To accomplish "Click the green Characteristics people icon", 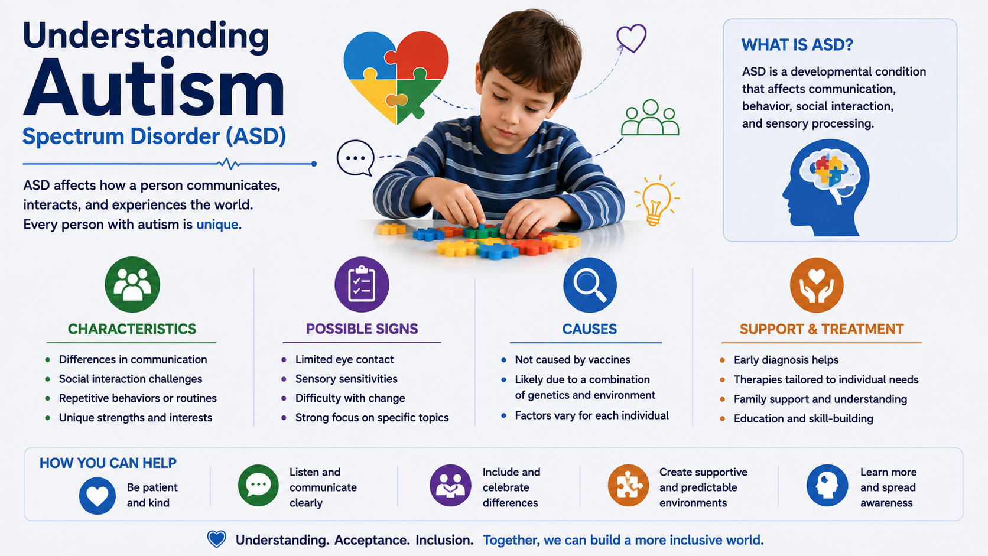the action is coord(132,284).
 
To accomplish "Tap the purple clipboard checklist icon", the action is coord(362,284).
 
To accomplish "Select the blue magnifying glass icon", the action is coord(590,285).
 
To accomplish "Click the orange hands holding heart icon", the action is coord(817,285).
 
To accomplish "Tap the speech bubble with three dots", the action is coord(356,158).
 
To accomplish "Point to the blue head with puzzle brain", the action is coord(825,187).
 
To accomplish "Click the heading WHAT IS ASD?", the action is coord(797,45).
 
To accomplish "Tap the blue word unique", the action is coord(217,225).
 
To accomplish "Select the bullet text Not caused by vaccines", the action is coord(573,360).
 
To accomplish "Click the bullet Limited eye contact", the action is coord(344,359).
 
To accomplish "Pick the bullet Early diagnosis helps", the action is coord(786,360).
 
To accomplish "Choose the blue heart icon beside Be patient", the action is coord(97,496).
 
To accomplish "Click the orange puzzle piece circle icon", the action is coord(628,485).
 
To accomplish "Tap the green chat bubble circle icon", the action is coord(258,485).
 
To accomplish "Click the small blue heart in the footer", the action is coord(216,539).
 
